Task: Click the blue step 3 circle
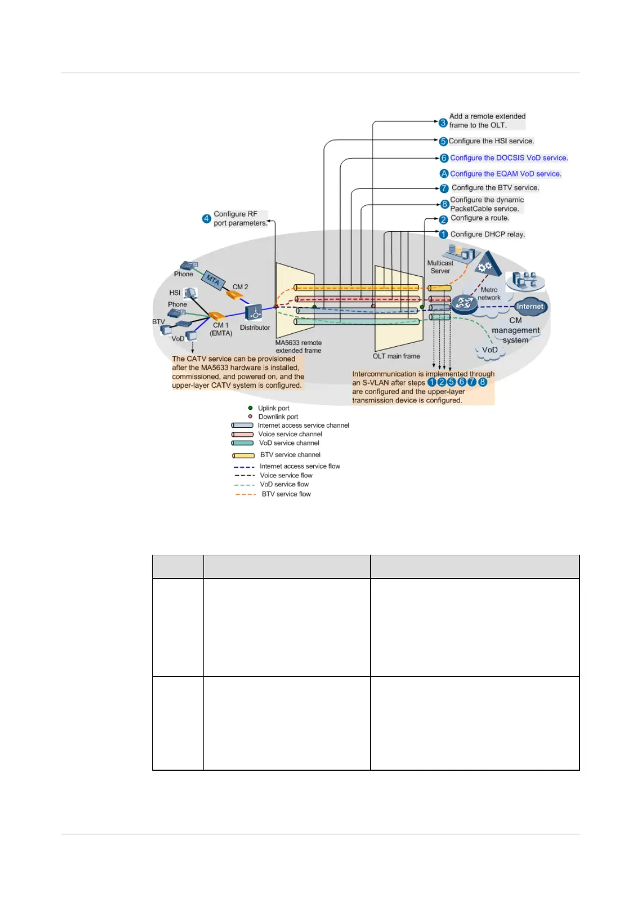(x=443, y=123)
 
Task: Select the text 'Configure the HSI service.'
(x=491, y=141)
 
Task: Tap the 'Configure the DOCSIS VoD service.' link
(x=509, y=158)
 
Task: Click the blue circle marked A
(x=444, y=173)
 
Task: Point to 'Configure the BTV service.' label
(x=495, y=188)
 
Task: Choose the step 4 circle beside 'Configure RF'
(x=206, y=219)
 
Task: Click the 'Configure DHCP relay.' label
(x=487, y=234)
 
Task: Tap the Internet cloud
(x=530, y=306)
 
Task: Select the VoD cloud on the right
(x=490, y=350)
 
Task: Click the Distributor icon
(x=253, y=312)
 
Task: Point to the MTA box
(x=213, y=280)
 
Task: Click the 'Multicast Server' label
(x=440, y=267)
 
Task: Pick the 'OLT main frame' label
(x=396, y=356)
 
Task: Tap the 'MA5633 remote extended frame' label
(x=298, y=346)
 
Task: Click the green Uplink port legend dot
(x=250, y=408)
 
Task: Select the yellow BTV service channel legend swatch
(x=243, y=455)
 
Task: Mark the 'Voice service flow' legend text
(x=286, y=476)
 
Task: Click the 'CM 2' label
(x=240, y=287)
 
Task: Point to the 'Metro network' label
(x=489, y=294)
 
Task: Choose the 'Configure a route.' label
(x=480, y=218)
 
